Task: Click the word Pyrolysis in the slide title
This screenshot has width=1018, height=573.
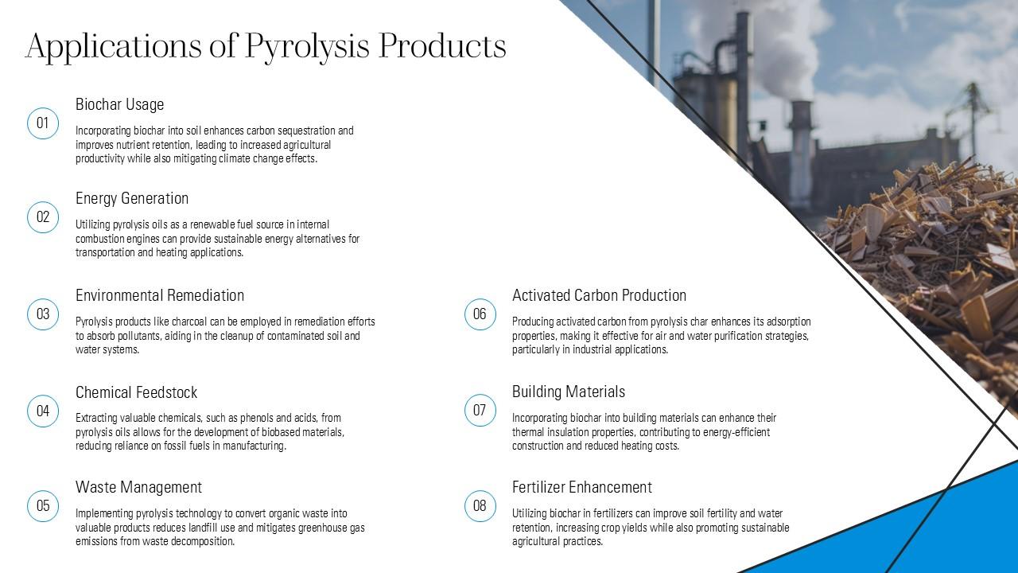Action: point(307,47)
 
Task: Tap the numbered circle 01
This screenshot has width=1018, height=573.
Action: point(43,123)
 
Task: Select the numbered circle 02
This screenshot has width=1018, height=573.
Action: point(43,217)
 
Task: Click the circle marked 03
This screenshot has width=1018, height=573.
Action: point(43,314)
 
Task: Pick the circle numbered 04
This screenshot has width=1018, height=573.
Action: point(43,411)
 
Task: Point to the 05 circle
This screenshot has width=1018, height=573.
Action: point(43,505)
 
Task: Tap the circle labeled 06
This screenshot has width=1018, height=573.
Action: point(480,314)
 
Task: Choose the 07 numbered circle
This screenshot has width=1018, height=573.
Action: point(480,410)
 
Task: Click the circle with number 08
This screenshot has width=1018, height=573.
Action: point(480,505)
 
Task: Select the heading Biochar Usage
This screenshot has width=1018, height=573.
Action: point(119,104)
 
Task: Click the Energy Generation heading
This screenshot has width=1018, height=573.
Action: point(132,199)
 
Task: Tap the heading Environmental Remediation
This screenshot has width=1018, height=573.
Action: point(160,295)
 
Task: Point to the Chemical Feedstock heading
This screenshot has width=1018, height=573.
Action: point(136,392)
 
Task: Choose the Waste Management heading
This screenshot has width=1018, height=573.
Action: point(138,488)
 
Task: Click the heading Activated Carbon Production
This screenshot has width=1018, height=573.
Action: point(599,295)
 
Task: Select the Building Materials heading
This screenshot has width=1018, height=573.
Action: point(569,392)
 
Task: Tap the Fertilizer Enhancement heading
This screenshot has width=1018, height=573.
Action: point(582,488)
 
